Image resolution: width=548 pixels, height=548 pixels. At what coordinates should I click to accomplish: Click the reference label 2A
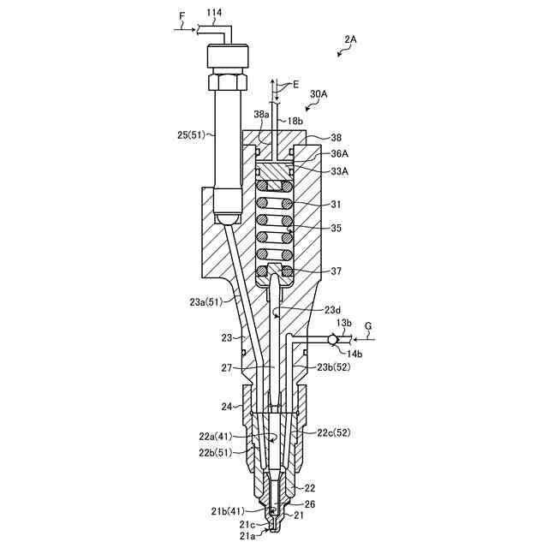click(351, 39)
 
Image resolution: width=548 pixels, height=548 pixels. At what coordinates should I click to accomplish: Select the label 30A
click(319, 93)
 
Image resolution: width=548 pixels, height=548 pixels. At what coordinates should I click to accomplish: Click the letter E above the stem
click(295, 85)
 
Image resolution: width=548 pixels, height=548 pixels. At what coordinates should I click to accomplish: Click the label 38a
click(262, 114)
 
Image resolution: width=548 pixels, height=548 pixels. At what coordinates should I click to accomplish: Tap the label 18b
click(295, 122)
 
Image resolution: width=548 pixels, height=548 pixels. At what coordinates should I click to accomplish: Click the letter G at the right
click(367, 325)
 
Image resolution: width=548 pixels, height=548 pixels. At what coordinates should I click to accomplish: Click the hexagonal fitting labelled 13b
click(330, 339)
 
